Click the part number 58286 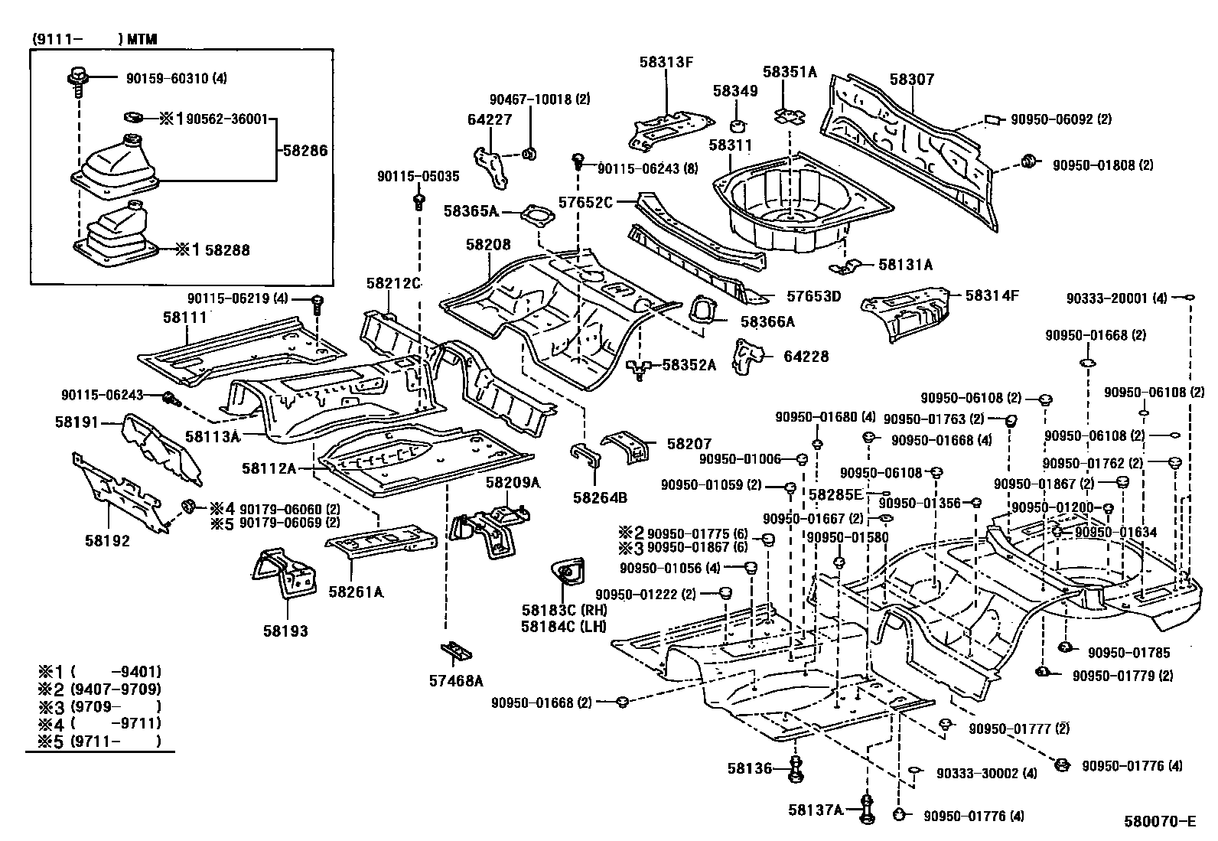coord(304,151)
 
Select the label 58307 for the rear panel coord(911,80)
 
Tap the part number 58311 coord(730,145)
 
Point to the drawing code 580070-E coord(1159,823)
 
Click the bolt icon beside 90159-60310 coord(77,77)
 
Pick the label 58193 coord(285,631)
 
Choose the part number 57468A coord(456,680)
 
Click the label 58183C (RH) coord(563,610)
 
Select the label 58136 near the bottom coord(751,767)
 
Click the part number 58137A coord(816,810)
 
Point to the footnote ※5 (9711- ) coord(99,741)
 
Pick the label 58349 coord(735,91)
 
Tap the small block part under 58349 coord(740,125)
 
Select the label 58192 coord(107,541)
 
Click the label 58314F coord(992,295)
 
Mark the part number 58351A coord(790,73)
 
